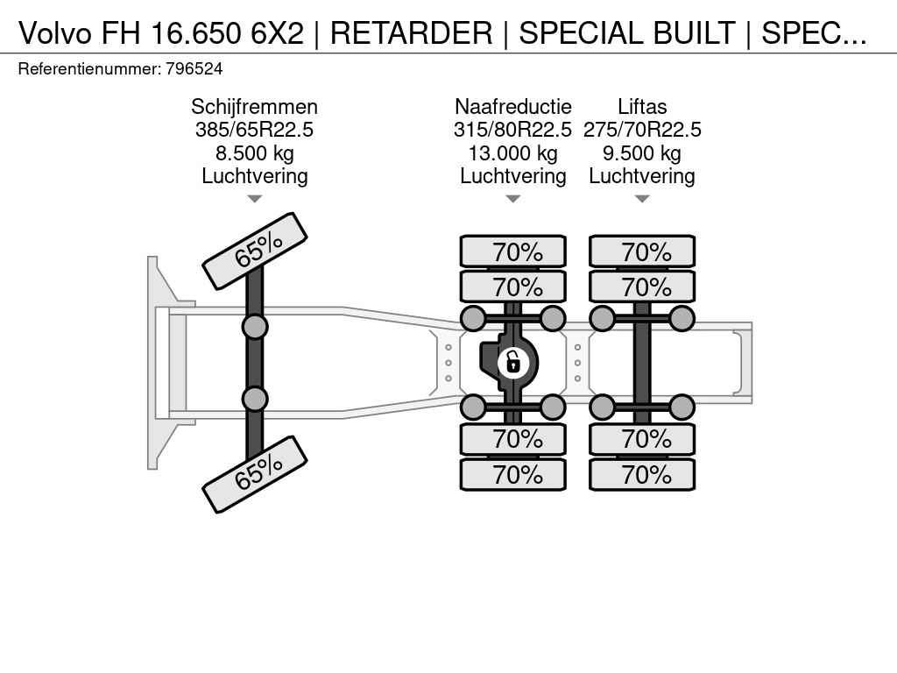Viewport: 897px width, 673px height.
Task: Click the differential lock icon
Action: point(513,361)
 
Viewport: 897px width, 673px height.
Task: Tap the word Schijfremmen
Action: point(254,107)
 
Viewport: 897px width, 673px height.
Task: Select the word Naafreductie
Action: point(512,107)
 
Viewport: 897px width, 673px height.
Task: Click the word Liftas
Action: point(642,107)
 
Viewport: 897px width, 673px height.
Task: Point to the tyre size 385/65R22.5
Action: point(254,130)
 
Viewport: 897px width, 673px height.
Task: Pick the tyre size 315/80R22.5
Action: point(512,130)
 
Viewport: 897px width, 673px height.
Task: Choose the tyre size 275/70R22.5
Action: point(642,130)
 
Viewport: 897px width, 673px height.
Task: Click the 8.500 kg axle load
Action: point(254,153)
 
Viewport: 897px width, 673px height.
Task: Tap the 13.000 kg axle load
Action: point(512,153)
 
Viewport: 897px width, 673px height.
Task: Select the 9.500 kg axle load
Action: point(642,153)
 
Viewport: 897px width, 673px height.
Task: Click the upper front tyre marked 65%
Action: point(255,251)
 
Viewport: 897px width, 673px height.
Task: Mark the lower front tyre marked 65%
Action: point(255,474)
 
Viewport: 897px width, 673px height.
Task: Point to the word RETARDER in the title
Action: point(411,33)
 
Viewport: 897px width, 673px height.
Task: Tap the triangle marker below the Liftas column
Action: point(642,199)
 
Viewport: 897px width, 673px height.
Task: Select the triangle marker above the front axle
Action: point(254,199)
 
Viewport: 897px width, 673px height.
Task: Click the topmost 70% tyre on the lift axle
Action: point(642,252)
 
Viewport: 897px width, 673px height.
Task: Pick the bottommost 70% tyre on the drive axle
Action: point(513,475)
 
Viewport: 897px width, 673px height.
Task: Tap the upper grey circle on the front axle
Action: point(255,327)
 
